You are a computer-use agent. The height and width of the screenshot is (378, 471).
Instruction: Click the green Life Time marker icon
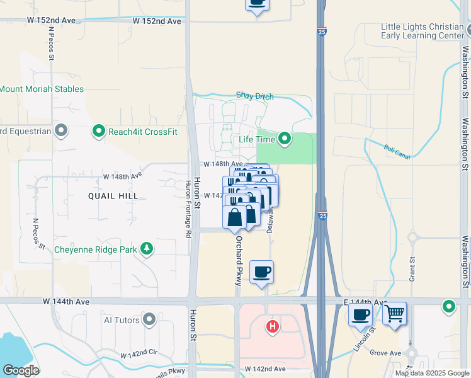pyautogui.click(x=285, y=139)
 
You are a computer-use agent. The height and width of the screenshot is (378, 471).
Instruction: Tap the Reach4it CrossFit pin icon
pyautogui.click(x=98, y=131)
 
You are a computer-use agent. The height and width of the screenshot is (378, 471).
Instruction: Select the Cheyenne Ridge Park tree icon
pyautogui.click(x=147, y=249)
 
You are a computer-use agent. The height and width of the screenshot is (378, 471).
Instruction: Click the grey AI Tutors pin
pyautogui.click(x=149, y=319)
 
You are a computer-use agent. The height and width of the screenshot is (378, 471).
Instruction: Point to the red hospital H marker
pyautogui.click(x=273, y=326)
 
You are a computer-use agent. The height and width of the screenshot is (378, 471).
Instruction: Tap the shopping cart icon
pyautogui.click(x=395, y=312)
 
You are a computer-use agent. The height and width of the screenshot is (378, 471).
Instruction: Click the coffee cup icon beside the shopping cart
pyautogui.click(x=361, y=314)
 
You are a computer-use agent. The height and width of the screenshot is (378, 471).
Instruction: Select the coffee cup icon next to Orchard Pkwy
pyautogui.click(x=262, y=272)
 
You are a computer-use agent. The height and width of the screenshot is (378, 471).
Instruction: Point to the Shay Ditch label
pyautogui.click(x=255, y=96)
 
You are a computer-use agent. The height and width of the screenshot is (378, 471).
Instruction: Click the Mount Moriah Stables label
pyautogui.click(x=42, y=89)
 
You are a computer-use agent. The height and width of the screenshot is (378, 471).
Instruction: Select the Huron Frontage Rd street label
pyautogui.click(x=188, y=209)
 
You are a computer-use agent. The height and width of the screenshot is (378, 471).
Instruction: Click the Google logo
pyautogui.click(x=20, y=370)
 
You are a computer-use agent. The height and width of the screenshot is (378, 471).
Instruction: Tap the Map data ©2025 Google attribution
pyautogui.click(x=431, y=373)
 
